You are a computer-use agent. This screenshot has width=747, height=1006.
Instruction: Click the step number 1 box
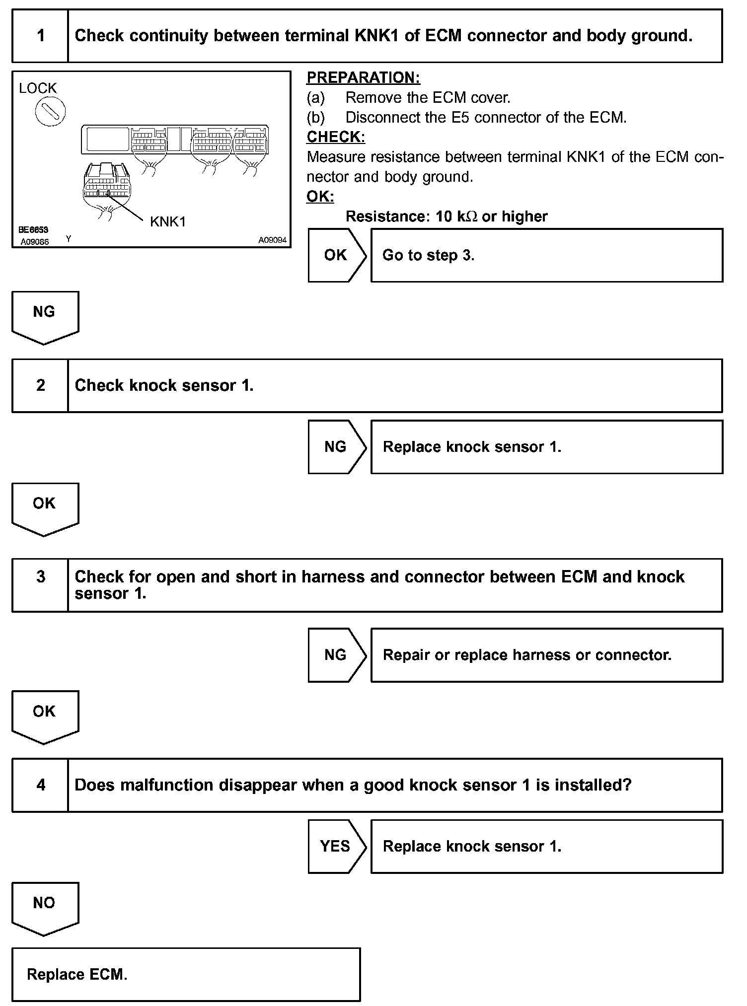(x=40, y=36)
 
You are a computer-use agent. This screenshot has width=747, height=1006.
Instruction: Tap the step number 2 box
(x=40, y=385)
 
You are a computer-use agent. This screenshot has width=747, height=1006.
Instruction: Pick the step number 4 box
(x=40, y=785)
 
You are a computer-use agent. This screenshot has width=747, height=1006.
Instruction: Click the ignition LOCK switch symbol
(x=50, y=112)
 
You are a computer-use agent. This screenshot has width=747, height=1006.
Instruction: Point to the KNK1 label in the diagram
(x=168, y=221)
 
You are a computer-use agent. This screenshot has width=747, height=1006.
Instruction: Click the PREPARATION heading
(x=363, y=77)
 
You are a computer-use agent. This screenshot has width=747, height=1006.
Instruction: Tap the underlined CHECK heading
(x=336, y=137)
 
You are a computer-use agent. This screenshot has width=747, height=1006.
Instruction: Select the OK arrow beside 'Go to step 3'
(x=336, y=255)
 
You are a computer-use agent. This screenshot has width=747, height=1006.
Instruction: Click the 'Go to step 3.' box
(x=546, y=255)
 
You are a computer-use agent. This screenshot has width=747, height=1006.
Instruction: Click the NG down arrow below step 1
(x=45, y=316)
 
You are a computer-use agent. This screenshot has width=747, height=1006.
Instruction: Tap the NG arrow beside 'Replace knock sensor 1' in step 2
(x=336, y=447)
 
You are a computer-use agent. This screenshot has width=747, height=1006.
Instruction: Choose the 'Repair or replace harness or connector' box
(x=546, y=655)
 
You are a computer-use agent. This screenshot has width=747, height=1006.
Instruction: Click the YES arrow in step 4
(x=336, y=846)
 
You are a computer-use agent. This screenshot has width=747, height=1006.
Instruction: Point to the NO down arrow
(x=45, y=907)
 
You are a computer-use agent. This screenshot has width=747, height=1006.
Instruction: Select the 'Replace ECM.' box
(x=186, y=974)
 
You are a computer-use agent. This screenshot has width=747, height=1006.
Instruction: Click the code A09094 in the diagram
(x=272, y=240)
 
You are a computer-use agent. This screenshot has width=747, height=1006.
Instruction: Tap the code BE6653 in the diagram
(x=33, y=230)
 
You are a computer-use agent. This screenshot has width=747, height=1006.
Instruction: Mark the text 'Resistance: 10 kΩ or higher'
(x=446, y=216)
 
